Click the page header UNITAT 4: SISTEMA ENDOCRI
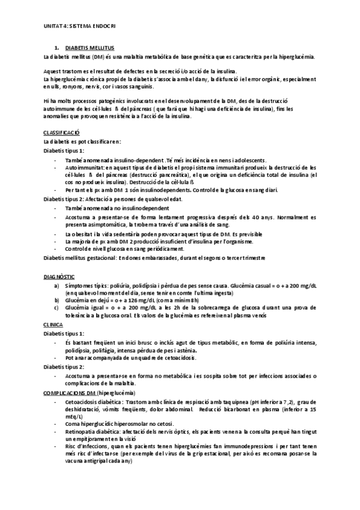tap(79, 26)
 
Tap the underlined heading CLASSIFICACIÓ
tap(62, 132)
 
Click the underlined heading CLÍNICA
tap(53, 324)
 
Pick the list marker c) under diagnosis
tap(57, 307)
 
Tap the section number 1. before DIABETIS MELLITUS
tap(56, 47)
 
